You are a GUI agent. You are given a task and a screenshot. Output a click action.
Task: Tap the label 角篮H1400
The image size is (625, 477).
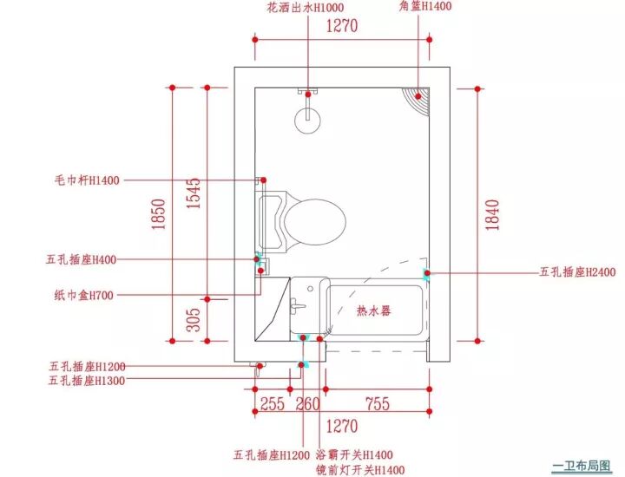425,6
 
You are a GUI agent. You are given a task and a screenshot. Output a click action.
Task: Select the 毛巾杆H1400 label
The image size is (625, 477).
86,180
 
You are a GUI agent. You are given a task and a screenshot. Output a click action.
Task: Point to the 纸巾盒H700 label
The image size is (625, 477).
86,295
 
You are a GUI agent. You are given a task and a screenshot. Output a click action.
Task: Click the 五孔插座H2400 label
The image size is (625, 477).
577,272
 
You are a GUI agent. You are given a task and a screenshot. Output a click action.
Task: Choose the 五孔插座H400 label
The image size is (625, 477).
82,259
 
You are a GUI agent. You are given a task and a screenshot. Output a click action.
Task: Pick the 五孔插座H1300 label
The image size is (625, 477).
87,380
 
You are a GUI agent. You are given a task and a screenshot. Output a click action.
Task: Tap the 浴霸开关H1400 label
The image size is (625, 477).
354,454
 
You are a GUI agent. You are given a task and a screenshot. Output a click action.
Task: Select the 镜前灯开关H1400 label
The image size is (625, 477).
360,470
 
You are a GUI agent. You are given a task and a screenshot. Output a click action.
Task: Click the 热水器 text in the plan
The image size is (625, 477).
374,310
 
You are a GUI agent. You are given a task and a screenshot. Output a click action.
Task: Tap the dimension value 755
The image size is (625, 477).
376,404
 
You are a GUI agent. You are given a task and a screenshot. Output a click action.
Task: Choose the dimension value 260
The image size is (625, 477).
307,404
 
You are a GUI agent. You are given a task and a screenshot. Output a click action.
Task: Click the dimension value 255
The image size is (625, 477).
273,404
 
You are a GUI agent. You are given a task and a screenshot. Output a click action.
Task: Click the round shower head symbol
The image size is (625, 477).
309,119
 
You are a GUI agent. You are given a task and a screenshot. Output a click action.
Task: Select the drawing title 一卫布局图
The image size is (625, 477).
582,465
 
